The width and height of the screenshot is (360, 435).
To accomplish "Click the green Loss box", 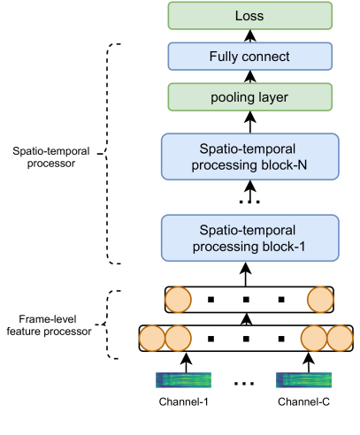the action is point(250,16).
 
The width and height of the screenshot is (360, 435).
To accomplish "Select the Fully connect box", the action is point(250,57).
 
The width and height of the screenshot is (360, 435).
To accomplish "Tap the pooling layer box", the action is point(250,97).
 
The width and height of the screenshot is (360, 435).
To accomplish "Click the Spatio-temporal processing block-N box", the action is point(250,156).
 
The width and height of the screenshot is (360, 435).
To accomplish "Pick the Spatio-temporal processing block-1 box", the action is point(250,238).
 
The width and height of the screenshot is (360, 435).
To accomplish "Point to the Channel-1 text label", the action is point(183,401).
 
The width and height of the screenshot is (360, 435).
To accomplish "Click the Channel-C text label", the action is point(303,401).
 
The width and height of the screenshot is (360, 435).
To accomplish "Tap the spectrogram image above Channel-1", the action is point(183,380).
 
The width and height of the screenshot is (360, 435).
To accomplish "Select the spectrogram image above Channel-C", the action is point(303,380).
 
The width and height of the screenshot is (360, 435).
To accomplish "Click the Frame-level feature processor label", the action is point(49,325).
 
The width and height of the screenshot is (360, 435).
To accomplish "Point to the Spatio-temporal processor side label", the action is point(50,157).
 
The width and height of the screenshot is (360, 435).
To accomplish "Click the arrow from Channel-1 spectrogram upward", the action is point(186,362).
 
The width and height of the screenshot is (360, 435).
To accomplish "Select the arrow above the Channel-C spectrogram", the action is point(309,362).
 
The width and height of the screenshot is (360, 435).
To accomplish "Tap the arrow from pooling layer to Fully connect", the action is point(250,77).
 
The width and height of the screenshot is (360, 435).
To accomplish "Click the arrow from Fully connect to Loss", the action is point(250,36).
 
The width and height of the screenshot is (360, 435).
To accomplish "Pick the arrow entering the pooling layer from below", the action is point(250,122).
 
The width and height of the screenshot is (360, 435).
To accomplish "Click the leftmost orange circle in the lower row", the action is point(152,339).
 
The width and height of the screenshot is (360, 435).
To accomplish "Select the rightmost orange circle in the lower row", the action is point(340,339).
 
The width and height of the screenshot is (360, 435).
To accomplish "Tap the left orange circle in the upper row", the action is point(178,300).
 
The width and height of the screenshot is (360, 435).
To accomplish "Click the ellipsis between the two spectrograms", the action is point(244,384).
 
